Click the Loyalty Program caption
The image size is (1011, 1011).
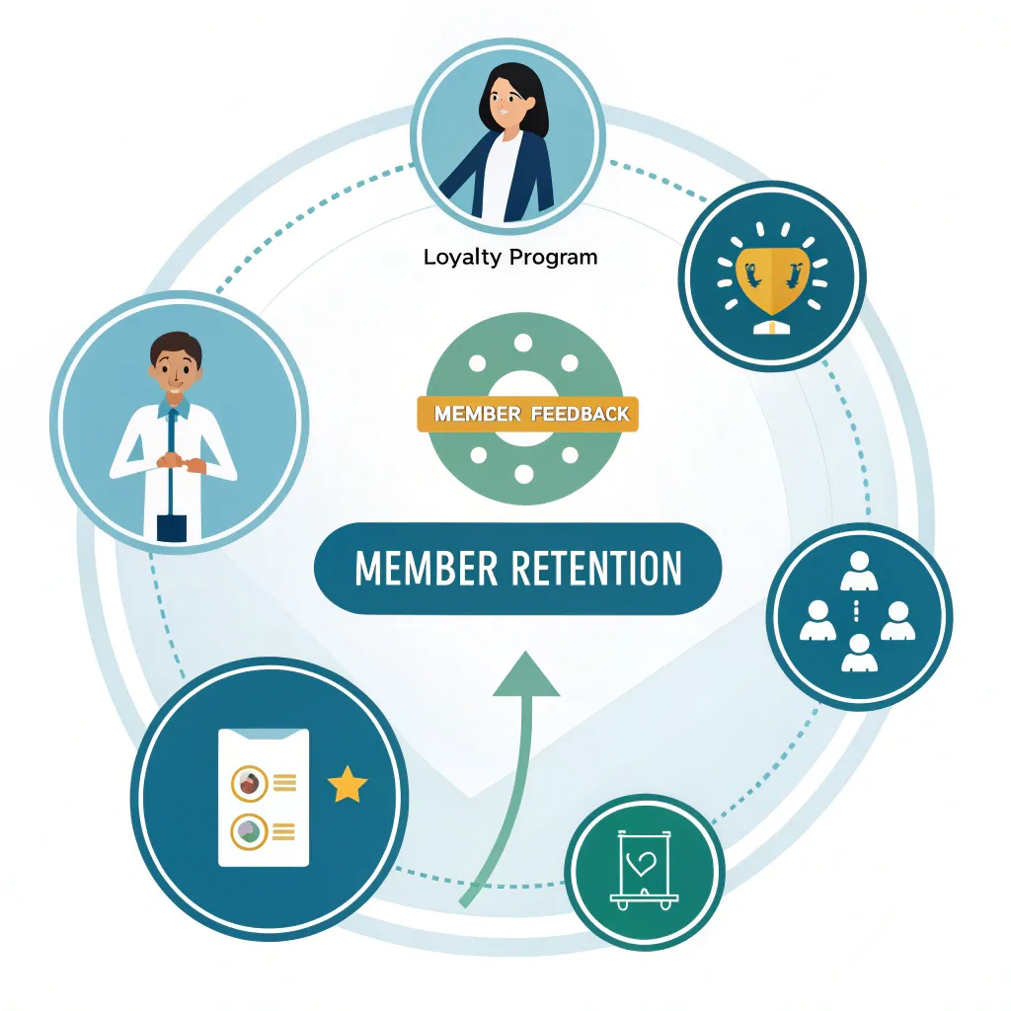(510, 258)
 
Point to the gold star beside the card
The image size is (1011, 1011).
(347, 787)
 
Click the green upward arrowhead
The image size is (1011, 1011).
(525, 675)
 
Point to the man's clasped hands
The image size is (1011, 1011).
(179, 462)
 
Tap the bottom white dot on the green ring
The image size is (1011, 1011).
(524, 475)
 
